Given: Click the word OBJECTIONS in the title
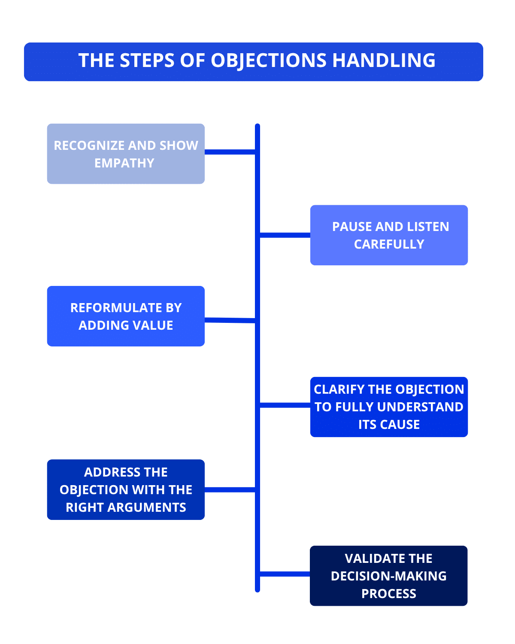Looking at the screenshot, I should pyautogui.click(x=269, y=61).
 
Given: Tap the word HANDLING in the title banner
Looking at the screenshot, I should pyautogui.click(x=384, y=61).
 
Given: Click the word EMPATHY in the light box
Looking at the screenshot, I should pyautogui.click(x=124, y=163).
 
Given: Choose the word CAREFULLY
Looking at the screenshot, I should pyautogui.click(x=389, y=244).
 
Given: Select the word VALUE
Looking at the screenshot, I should pyautogui.click(x=153, y=325).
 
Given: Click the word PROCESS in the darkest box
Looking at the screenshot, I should pyautogui.click(x=389, y=594).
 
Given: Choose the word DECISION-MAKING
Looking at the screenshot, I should pyautogui.click(x=389, y=576).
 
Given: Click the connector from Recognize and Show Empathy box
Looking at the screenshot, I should pyautogui.click(x=230, y=152).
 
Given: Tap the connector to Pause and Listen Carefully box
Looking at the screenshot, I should pyautogui.click(x=285, y=235).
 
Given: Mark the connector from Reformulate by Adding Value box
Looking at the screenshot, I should pyautogui.click(x=230, y=320).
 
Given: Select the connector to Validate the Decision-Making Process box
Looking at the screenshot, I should pyautogui.click(x=285, y=574).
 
